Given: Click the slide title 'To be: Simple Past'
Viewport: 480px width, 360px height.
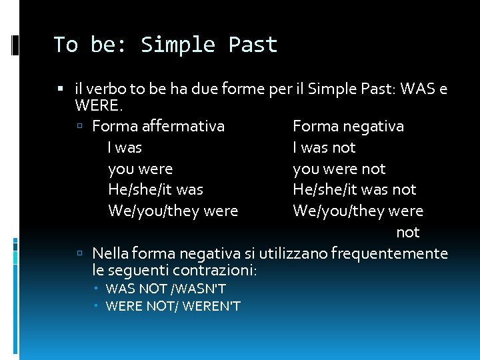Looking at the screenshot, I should [x=165, y=45].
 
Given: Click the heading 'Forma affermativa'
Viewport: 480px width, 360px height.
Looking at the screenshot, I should [x=158, y=126].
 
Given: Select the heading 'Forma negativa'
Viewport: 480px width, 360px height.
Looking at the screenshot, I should [x=348, y=126].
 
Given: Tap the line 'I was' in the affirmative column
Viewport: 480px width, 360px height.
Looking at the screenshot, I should [x=125, y=147].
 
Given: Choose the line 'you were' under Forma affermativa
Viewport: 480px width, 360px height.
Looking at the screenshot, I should [x=140, y=169].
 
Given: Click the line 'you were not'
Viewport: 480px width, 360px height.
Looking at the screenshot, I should [x=339, y=169].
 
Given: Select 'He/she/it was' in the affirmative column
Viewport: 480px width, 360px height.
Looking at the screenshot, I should [x=155, y=189].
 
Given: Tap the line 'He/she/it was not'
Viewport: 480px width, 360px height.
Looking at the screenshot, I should [x=354, y=189].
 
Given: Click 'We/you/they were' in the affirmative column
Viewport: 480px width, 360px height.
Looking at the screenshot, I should [x=173, y=211].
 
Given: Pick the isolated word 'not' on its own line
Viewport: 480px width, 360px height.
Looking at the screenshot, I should [x=407, y=232].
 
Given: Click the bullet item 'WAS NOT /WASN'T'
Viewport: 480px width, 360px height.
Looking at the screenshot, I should [x=165, y=289].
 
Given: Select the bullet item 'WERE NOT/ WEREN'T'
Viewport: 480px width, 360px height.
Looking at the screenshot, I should [x=173, y=306].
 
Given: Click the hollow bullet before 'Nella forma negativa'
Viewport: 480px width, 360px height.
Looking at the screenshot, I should [x=79, y=254].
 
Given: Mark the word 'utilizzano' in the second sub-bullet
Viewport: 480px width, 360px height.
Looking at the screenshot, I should [x=291, y=253].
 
